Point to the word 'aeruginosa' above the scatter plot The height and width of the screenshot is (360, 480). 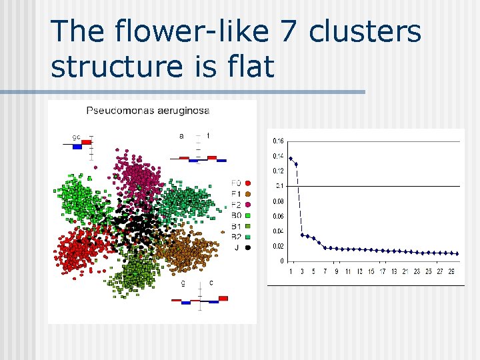coord(182,111)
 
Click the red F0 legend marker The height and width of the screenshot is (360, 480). coord(248,183)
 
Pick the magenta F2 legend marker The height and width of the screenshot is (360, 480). coord(248,204)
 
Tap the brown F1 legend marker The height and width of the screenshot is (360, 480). coord(248,193)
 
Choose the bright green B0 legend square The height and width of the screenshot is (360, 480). coord(248,215)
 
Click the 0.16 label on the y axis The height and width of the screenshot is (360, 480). coord(279,141)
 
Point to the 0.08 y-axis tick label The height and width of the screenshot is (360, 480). coord(279,201)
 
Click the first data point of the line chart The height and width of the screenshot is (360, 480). coord(291,159)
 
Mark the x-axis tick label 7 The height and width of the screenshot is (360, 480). coord(325,271)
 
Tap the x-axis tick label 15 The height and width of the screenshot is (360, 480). coord(371,271)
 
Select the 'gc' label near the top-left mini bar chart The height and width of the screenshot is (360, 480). coord(77,137)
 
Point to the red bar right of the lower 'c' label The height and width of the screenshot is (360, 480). coord(223,298)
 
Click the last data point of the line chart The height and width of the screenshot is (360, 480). coord(457,253)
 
